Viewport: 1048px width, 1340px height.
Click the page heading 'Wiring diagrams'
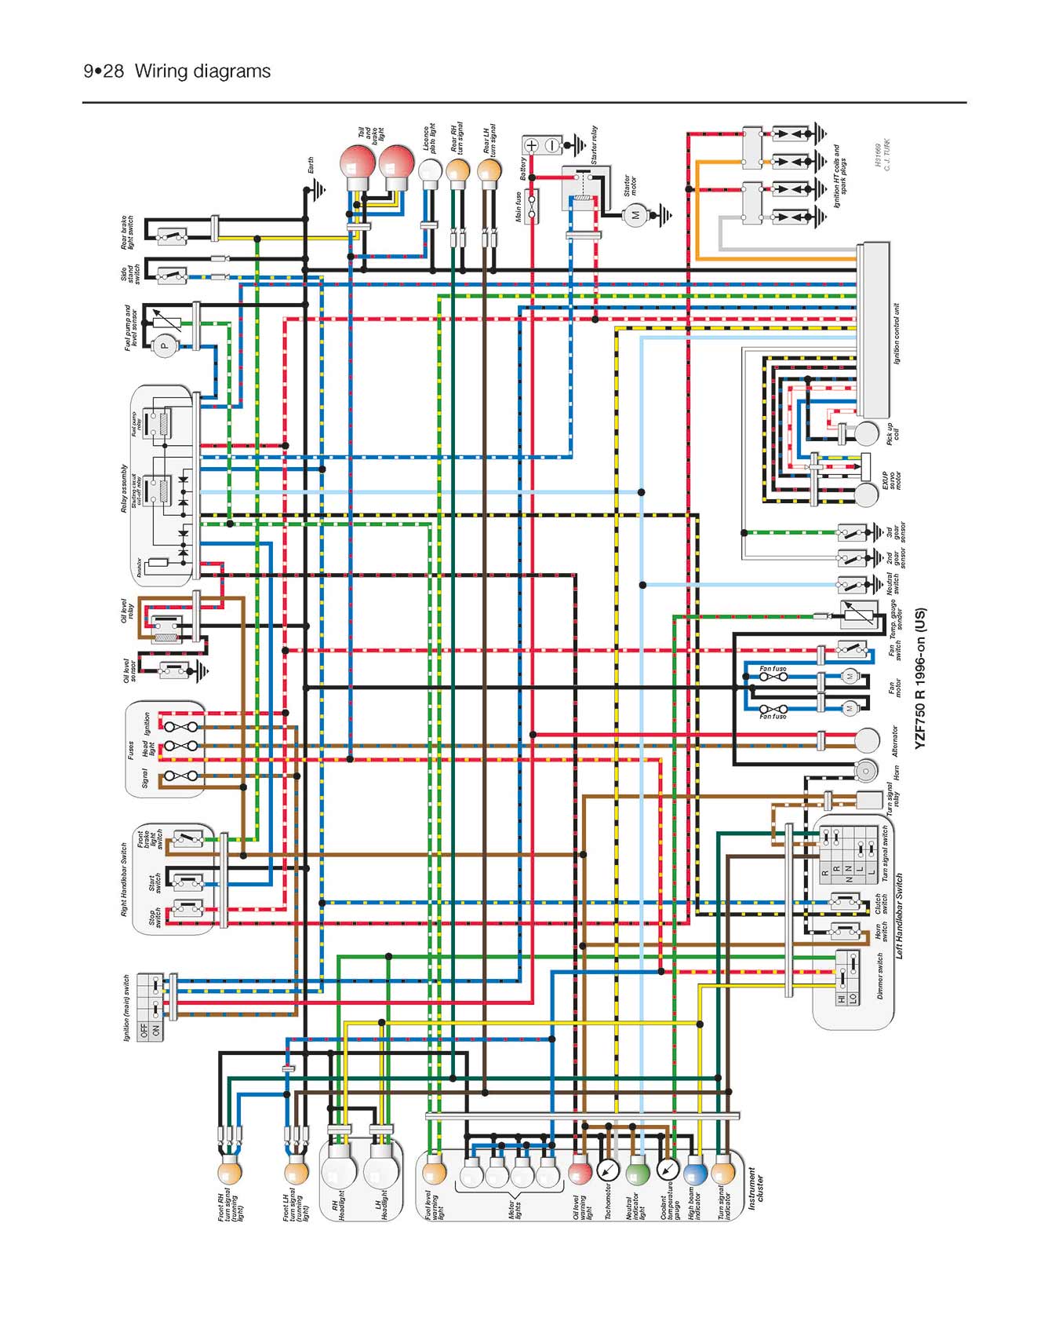tap(202, 71)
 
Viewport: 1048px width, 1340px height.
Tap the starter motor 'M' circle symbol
tap(635, 214)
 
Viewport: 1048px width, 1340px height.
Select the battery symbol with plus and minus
tap(542, 145)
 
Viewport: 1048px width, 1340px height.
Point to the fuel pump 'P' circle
tap(165, 345)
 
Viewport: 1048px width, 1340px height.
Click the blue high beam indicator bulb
tap(695, 1173)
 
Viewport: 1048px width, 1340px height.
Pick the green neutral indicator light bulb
tap(638, 1173)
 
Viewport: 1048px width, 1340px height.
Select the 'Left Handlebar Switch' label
tap(900, 916)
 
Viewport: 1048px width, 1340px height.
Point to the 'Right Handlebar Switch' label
tap(124, 880)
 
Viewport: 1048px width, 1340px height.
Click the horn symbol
tap(866, 771)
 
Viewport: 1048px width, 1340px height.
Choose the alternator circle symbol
tap(867, 739)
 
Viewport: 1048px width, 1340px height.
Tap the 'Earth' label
tap(311, 166)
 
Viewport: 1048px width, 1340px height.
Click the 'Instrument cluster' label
tap(755, 1188)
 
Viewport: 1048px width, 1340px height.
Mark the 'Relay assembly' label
tap(124, 488)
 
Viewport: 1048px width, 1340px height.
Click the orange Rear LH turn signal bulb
tap(489, 170)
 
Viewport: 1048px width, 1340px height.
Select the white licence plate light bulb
tap(430, 170)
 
